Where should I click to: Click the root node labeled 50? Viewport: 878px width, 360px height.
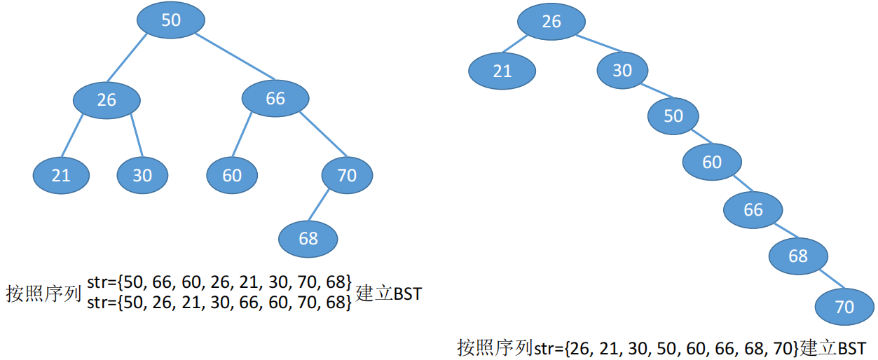click(171, 20)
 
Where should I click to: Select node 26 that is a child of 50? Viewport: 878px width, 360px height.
click(107, 99)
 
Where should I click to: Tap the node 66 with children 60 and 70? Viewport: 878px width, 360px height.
click(275, 99)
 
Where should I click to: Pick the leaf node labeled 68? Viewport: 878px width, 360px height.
click(308, 239)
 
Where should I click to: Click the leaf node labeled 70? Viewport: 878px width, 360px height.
click(845, 307)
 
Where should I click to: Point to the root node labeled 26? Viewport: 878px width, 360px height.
click(551, 22)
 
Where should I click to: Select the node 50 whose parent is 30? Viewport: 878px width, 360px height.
click(673, 116)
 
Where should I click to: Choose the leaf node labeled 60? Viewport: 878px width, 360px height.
click(232, 174)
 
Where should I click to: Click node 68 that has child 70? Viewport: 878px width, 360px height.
click(798, 256)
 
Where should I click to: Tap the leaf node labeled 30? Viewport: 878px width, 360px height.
click(142, 174)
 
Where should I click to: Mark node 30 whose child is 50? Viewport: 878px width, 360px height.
click(622, 70)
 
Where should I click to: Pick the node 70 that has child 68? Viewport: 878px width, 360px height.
click(347, 175)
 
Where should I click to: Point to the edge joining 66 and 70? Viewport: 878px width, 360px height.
click(324, 134)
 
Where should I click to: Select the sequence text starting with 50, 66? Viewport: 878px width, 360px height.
click(219, 283)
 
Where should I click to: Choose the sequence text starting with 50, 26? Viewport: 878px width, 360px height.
click(219, 303)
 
